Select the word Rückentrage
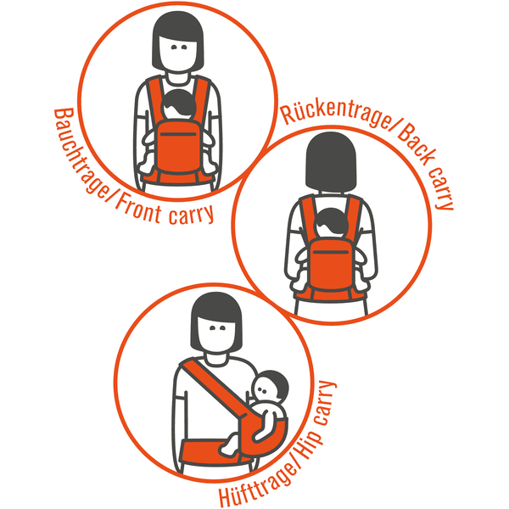click(x=338, y=115)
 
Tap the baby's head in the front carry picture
click(x=178, y=104)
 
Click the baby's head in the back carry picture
click(x=331, y=223)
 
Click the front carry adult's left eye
click(x=184, y=48)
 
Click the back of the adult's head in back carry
click(x=331, y=161)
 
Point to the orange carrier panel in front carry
click(x=178, y=146)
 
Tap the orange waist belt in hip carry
click(x=211, y=451)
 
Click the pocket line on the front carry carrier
click(x=178, y=134)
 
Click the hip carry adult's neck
click(x=215, y=358)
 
